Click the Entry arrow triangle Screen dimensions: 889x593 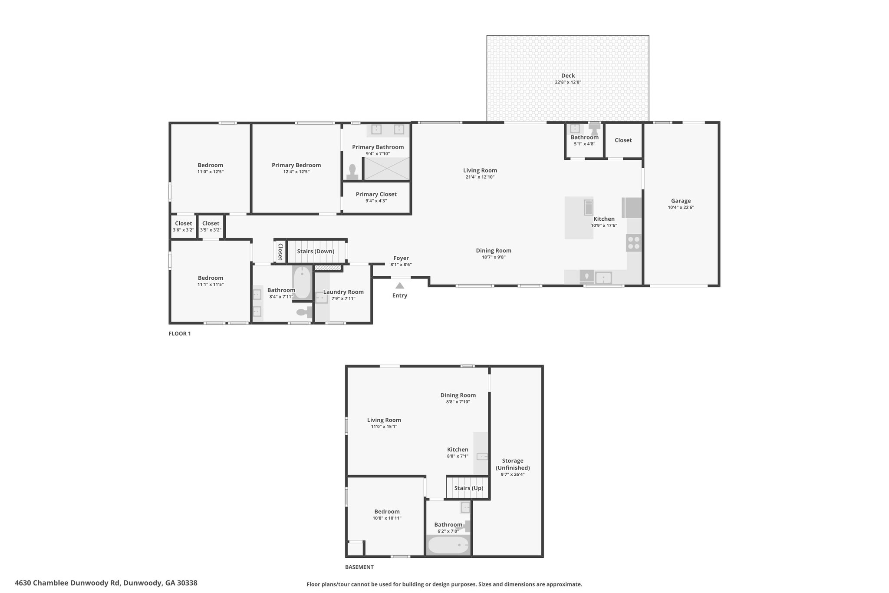400,285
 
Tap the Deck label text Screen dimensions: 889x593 568,76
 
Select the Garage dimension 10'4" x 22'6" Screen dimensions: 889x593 681,208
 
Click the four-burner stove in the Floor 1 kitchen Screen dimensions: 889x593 634,243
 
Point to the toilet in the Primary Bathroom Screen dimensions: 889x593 352,172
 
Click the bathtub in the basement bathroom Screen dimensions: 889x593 448,545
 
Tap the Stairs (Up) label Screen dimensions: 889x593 468,488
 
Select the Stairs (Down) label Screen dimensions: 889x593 316,252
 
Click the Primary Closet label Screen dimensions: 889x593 376,194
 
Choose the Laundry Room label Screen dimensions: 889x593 343,292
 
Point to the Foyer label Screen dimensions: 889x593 401,258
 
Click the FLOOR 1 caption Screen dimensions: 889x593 180,334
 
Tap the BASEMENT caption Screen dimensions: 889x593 359,567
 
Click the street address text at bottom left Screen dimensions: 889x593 106,583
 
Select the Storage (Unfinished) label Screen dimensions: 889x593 513,464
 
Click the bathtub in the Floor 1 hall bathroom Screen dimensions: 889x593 302,282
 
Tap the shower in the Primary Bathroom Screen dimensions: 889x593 387,169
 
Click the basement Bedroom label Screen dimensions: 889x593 387,512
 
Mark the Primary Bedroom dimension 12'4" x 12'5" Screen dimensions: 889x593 296,172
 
